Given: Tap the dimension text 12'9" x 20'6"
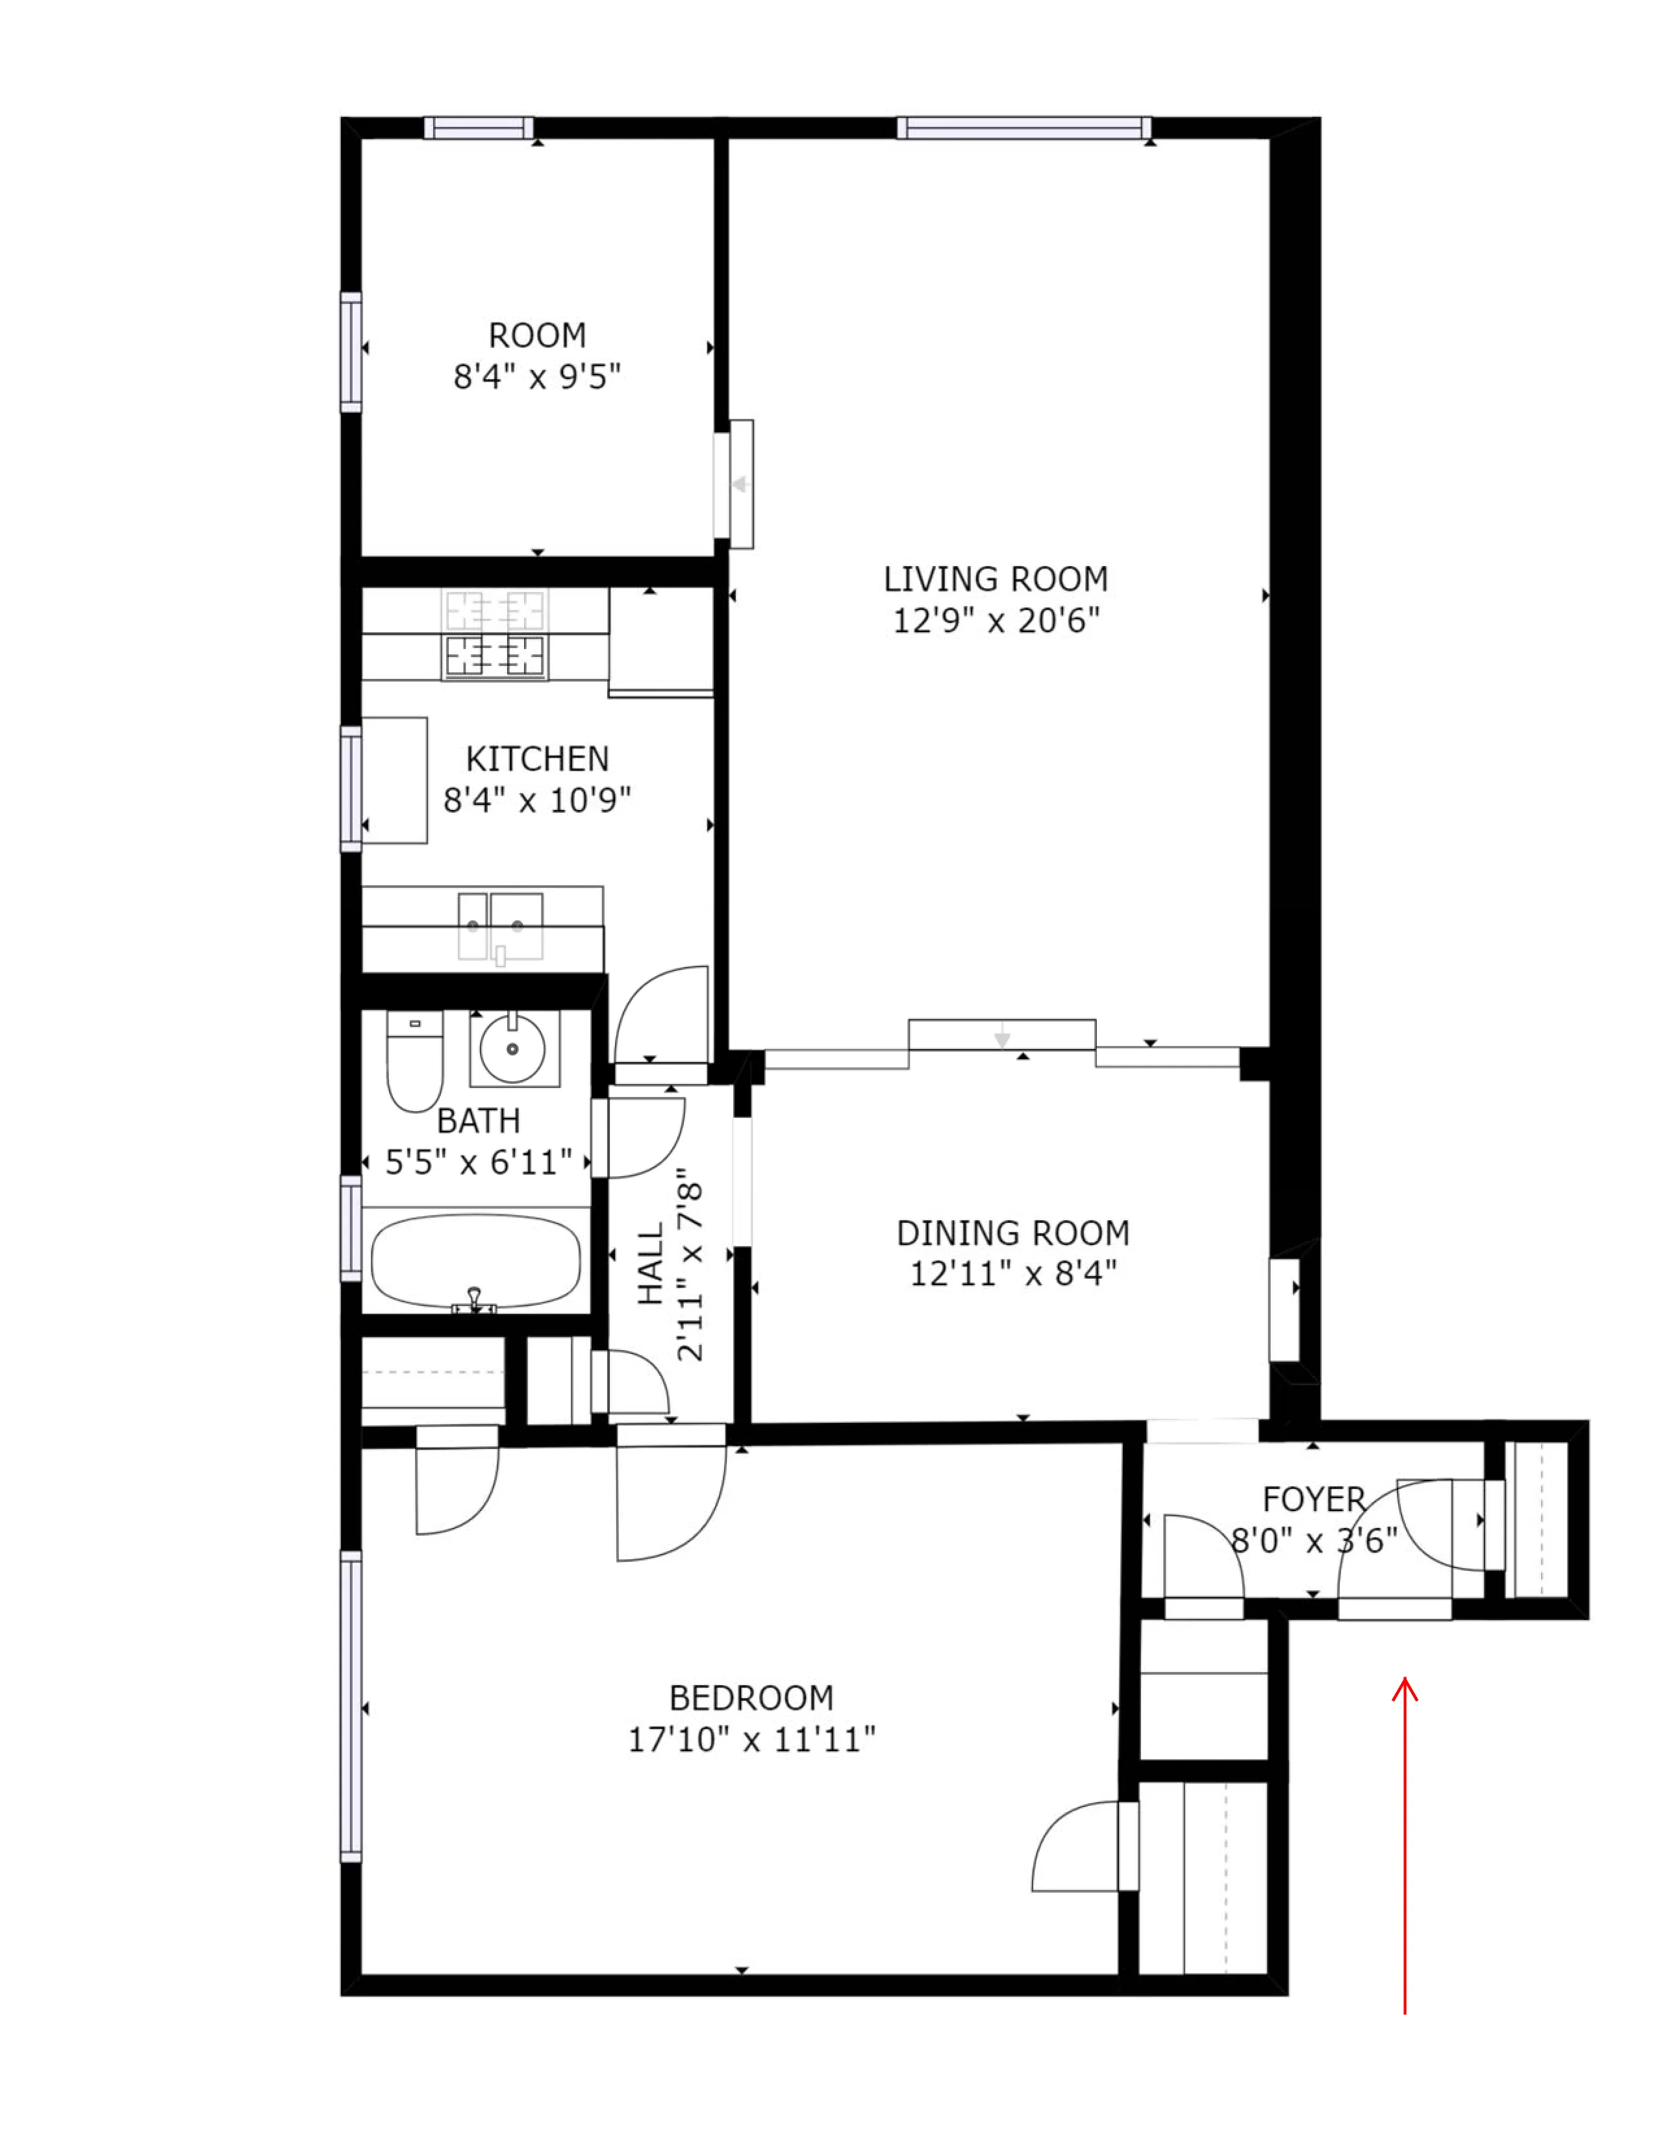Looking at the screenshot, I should pos(995,621).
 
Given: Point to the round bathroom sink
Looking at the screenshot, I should pos(512,1048).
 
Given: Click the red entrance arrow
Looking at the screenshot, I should pos(1405,1844).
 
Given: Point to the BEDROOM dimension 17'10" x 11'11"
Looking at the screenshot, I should pos(751,1740).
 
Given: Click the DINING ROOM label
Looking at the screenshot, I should pos(1012,1233).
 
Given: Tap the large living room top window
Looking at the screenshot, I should pos(1023,127).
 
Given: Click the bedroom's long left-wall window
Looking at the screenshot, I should pos(350,1706).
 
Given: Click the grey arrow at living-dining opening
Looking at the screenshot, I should pos(1001,1037).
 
